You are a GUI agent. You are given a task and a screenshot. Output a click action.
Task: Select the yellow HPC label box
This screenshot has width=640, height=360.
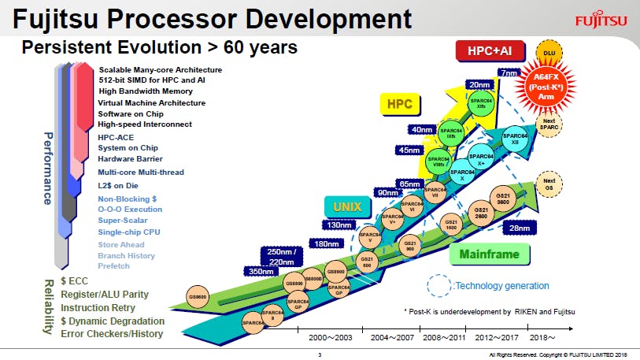(400, 103)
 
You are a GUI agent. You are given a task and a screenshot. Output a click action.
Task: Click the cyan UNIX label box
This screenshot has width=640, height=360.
(347, 207)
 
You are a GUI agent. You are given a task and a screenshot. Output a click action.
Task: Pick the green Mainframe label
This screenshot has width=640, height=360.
(484, 254)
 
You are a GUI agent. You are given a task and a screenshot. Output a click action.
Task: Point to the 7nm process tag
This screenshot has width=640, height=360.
(509, 73)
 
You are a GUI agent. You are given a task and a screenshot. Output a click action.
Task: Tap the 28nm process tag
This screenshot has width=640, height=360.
(520, 228)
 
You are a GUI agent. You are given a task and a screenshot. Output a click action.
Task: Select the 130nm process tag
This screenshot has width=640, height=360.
(340, 226)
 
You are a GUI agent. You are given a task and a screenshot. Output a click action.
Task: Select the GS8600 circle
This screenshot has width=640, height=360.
(198, 297)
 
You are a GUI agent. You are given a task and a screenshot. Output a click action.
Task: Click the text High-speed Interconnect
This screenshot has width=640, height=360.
(144, 124)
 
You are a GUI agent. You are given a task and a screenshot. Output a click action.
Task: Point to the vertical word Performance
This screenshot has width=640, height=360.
(47, 168)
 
